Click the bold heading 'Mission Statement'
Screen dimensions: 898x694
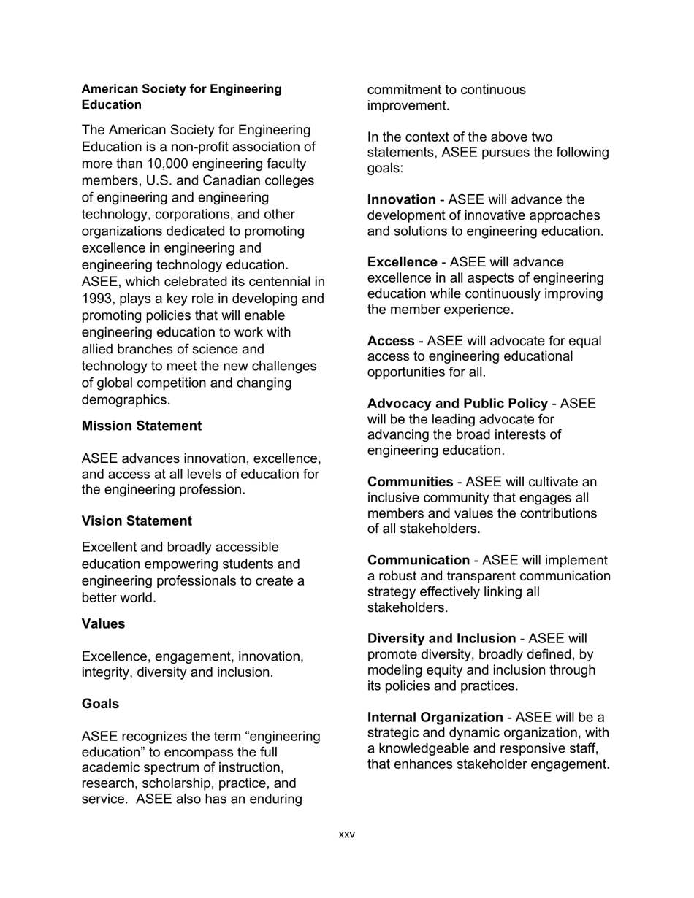coord(142,426)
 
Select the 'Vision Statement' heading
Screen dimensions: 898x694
coord(137,521)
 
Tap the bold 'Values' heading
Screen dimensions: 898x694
coord(103,623)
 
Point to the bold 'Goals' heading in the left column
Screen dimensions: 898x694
coord(100,704)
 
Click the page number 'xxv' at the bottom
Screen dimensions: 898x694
coord(346,834)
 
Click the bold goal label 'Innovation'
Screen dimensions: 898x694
coord(401,199)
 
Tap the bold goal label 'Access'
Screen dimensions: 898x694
coord(391,341)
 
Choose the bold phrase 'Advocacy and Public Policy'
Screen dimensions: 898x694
coord(457,404)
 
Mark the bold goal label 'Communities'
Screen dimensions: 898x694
coord(410,482)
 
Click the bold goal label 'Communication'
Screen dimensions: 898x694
coord(419,560)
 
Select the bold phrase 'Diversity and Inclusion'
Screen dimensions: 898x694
coord(441,639)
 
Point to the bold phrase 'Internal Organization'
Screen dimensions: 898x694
coord(435,717)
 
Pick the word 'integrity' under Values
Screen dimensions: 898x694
coord(107,672)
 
